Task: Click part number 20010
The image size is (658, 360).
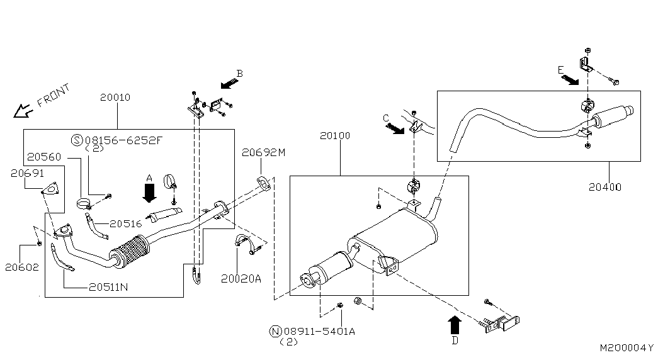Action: click(115, 98)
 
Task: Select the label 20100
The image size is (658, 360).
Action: click(334, 135)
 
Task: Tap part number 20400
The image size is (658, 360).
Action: click(605, 187)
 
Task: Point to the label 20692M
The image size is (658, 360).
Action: click(264, 152)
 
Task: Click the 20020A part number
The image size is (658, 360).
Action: click(241, 278)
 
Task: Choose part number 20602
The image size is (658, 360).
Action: click(22, 267)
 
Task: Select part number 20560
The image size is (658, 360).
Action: click(45, 156)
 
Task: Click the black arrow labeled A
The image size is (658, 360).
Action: click(149, 192)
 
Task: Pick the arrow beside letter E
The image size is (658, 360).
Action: click(570, 80)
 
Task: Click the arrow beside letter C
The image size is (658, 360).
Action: click(395, 128)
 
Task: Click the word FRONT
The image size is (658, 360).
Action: click(54, 96)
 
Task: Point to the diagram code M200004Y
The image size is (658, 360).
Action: click(627, 347)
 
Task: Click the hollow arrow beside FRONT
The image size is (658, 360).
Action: click(23, 111)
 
